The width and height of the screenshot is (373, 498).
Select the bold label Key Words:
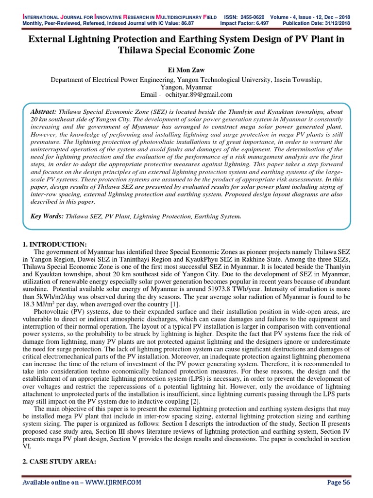click(x=47, y=215)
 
